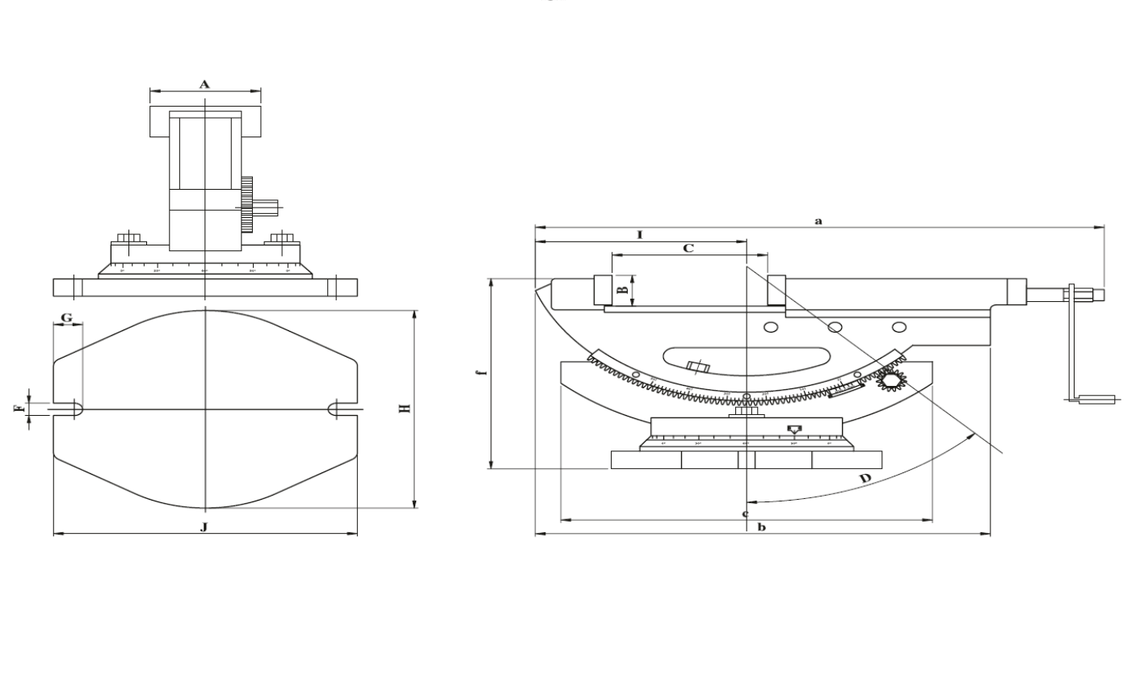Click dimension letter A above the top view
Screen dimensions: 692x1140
click(x=204, y=83)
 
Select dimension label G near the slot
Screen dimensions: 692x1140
click(x=67, y=318)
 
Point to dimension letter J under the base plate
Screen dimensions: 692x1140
click(x=204, y=526)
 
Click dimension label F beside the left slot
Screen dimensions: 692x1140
click(x=18, y=409)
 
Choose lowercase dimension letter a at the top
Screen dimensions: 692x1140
click(x=818, y=220)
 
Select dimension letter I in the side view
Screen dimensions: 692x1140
click(x=639, y=234)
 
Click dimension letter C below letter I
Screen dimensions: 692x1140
click(x=688, y=249)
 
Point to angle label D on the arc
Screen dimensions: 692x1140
click(x=864, y=479)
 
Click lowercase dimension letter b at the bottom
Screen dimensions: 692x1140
click(x=761, y=527)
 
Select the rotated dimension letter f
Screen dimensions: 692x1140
click(x=480, y=373)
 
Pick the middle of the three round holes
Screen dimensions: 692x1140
click(x=835, y=327)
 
